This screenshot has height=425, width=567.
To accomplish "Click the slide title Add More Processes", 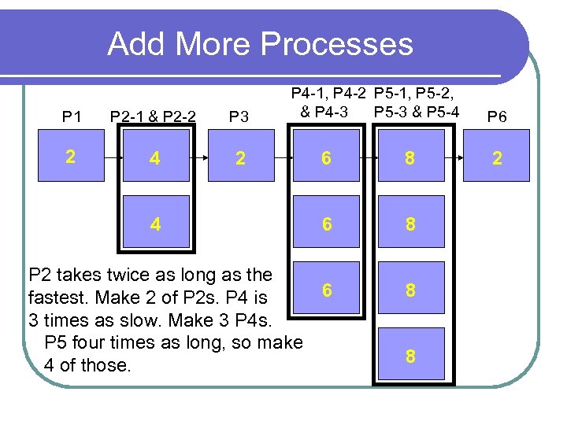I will coord(260,44).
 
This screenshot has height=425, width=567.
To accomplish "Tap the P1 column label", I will coord(72,117).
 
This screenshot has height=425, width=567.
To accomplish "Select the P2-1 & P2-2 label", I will coord(154,117).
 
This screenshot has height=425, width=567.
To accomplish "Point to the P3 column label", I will coord(239,117).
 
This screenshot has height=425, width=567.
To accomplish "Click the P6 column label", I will coord(497,117).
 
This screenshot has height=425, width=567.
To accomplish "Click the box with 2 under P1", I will coord(71,157).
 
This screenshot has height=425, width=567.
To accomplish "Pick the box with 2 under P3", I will coord(239,158).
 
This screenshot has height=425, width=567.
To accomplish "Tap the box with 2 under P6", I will coord(497,158).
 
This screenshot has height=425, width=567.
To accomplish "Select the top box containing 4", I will coord(155,158).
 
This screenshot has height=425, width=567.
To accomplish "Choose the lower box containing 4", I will coord(155,224).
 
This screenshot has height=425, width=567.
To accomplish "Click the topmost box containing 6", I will coord(326,158).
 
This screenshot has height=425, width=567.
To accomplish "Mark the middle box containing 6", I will coord(326,224).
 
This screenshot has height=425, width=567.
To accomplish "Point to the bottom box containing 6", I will coord(326,290).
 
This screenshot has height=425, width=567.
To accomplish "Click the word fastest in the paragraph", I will coord(57,298).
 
